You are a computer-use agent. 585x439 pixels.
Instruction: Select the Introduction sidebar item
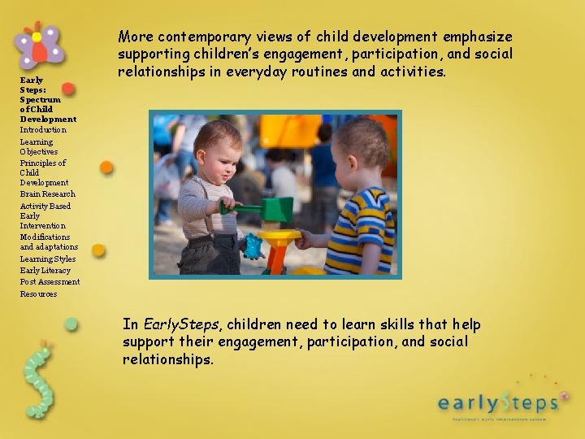(x=43, y=130)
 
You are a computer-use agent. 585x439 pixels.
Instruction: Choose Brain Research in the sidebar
(x=47, y=194)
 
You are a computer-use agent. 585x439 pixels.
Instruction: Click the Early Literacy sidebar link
(x=45, y=271)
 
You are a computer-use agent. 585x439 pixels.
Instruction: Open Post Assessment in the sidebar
(x=50, y=282)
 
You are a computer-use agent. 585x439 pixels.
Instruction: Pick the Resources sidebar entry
(x=38, y=294)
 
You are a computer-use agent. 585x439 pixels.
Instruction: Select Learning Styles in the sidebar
(x=47, y=259)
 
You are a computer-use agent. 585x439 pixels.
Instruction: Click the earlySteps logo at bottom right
(x=497, y=402)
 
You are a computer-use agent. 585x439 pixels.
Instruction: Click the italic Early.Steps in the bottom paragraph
(x=178, y=325)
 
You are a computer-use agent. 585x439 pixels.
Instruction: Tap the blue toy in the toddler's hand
(x=253, y=245)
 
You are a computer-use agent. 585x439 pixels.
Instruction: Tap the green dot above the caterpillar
(x=71, y=324)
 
